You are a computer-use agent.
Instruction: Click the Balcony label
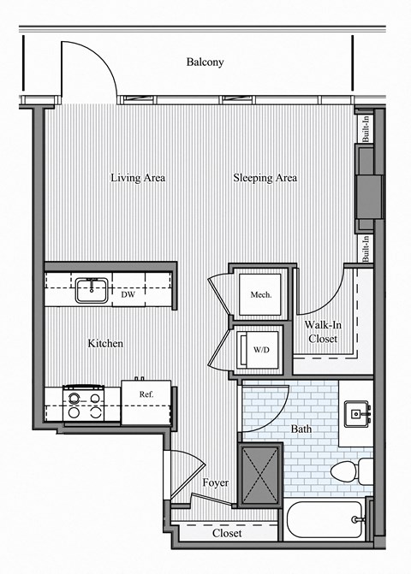205,62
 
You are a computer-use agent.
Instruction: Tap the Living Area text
137,178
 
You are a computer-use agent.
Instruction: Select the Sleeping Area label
265,178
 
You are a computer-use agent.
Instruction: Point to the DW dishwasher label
128,295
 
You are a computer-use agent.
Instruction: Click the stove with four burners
85,404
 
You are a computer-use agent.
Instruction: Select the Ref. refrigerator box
146,403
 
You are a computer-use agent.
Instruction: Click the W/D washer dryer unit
260,349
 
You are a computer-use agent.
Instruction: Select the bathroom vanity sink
357,415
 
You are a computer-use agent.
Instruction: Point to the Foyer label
215,483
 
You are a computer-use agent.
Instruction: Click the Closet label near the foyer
227,532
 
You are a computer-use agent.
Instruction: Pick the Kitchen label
105,344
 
